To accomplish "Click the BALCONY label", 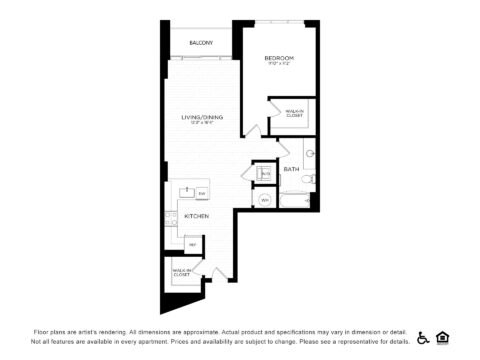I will (x=201, y=43).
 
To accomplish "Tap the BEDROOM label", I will (x=278, y=59).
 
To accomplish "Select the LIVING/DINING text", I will (x=202, y=118).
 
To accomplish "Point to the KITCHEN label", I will (x=196, y=216).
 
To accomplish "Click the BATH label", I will (x=291, y=169).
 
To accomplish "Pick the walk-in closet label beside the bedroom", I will (x=294, y=114).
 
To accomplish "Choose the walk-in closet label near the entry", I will (x=182, y=271).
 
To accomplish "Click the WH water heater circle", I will (x=265, y=200).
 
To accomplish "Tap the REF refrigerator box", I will (x=192, y=244).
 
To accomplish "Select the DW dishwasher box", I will (x=201, y=193).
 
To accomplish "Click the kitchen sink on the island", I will (x=187, y=191).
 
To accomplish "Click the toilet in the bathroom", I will (x=311, y=178).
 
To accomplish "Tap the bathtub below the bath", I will (x=295, y=200).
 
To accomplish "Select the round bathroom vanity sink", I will (x=310, y=155).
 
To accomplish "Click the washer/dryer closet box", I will (x=265, y=174).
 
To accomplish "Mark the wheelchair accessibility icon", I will (x=423, y=337).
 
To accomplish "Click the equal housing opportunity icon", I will (x=442, y=337).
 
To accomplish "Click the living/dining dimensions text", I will (x=202, y=124).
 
